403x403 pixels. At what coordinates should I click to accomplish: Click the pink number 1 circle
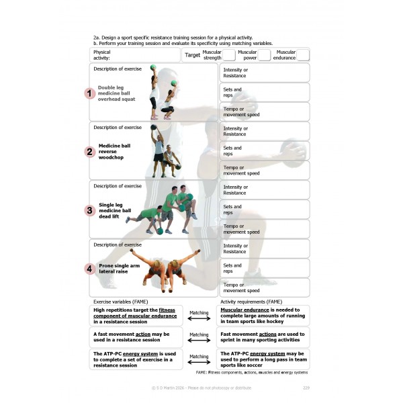(x=89, y=93)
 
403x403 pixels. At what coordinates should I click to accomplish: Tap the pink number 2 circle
(x=89, y=152)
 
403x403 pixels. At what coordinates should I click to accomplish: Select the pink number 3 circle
(x=89, y=210)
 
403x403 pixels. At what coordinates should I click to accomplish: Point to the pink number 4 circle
(x=89, y=269)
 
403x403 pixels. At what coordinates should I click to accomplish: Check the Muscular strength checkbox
(x=229, y=55)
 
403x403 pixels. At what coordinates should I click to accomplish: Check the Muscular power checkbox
(x=265, y=55)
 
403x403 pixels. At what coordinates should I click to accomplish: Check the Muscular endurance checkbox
(x=303, y=55)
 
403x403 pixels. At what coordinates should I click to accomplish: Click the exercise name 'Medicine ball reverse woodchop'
(x=115, y=152)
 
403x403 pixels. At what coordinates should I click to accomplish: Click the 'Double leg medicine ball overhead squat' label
(x=117, y=93)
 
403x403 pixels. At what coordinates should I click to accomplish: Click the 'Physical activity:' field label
(x=102, y=55)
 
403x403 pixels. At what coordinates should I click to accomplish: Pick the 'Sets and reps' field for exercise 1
(x=265, y=92)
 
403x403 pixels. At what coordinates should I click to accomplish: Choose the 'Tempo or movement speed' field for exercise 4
(x=265, y=287)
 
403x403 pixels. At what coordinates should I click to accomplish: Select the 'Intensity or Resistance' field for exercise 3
(x=265, y=190)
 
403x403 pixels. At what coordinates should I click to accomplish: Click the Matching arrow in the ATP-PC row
(x=198, y=361)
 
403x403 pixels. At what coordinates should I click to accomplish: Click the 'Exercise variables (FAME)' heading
(x=120, y=302)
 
